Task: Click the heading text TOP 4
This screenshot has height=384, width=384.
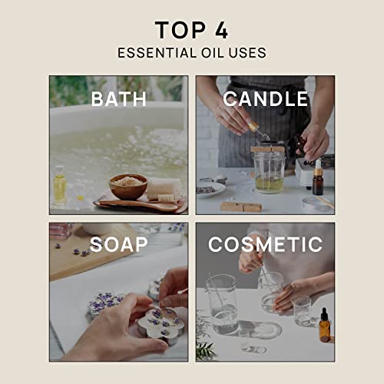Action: click(191, 30)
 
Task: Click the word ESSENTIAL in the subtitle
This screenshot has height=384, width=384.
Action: click(149, 53)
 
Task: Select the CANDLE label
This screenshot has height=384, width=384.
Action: click(266, 98)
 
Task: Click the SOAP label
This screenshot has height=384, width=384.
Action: click(118, 245)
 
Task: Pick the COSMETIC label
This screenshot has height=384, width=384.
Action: click(266, 245)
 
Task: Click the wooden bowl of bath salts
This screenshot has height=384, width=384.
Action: click(127, 185)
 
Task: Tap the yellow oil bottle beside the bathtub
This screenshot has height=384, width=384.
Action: click(60, 187)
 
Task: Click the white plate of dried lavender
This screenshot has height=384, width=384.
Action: click(210, 188)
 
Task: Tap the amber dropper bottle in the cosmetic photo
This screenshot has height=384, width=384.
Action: click(324, 326)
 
